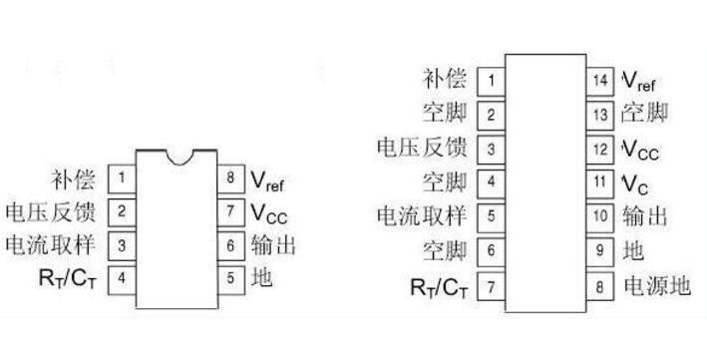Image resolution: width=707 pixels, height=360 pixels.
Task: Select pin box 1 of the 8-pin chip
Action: (x=122, y=179)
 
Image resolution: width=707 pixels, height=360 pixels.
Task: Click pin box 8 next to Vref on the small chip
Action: (x=231, y=179)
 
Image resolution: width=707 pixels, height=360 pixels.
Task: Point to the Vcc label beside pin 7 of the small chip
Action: (x=269, y=213)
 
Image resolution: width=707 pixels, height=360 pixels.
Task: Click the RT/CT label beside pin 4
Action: (x=68, y=278)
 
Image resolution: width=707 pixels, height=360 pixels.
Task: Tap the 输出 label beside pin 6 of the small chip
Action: (x=273, y=246)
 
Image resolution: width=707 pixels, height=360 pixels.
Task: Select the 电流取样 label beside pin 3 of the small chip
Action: (x=51, y=245)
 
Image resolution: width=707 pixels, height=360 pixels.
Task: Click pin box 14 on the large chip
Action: (x=600, y=81)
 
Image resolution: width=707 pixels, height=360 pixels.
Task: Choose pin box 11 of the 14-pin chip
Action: (x=600, y=183)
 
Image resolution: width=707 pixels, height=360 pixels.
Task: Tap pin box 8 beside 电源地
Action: (x=600, y=286)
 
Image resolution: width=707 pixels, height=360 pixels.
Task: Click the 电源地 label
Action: (x=657, y=286)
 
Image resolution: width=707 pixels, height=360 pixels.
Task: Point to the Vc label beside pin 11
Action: (x=635, y=184)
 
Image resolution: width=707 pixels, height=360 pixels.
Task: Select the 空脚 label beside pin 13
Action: (x=645, y=114)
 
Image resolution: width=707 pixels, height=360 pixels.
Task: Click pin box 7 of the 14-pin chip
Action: (x=491, y=286)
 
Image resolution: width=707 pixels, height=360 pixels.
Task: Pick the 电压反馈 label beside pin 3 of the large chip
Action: (x=422, y=147)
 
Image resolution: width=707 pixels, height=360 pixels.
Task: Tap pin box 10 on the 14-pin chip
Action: (x=600, y=217)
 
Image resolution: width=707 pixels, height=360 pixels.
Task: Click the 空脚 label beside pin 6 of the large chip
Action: (x=445, y=250)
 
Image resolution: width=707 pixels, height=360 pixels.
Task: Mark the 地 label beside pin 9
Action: (x=633, y=250)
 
